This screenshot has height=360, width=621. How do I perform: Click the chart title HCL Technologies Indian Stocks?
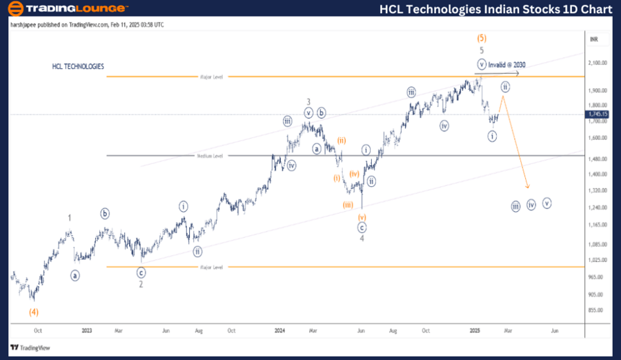pos(495,9)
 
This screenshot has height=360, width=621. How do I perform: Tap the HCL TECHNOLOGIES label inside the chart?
pos(78,66)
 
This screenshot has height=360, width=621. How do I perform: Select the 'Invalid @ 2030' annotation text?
pos(507,64)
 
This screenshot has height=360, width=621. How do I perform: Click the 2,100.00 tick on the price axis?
pos(598,63)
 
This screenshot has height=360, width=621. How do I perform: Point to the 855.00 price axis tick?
pos(598,310)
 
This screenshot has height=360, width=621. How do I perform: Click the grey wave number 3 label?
pos(308,102)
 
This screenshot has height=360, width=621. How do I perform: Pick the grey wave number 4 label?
pos(362,239)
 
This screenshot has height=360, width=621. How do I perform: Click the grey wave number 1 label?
pos(70,218)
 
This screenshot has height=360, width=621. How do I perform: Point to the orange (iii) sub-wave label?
pos(349,204)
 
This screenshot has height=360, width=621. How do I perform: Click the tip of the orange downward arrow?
pos(529,188)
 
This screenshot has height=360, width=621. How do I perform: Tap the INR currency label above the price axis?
pos(594,40)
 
